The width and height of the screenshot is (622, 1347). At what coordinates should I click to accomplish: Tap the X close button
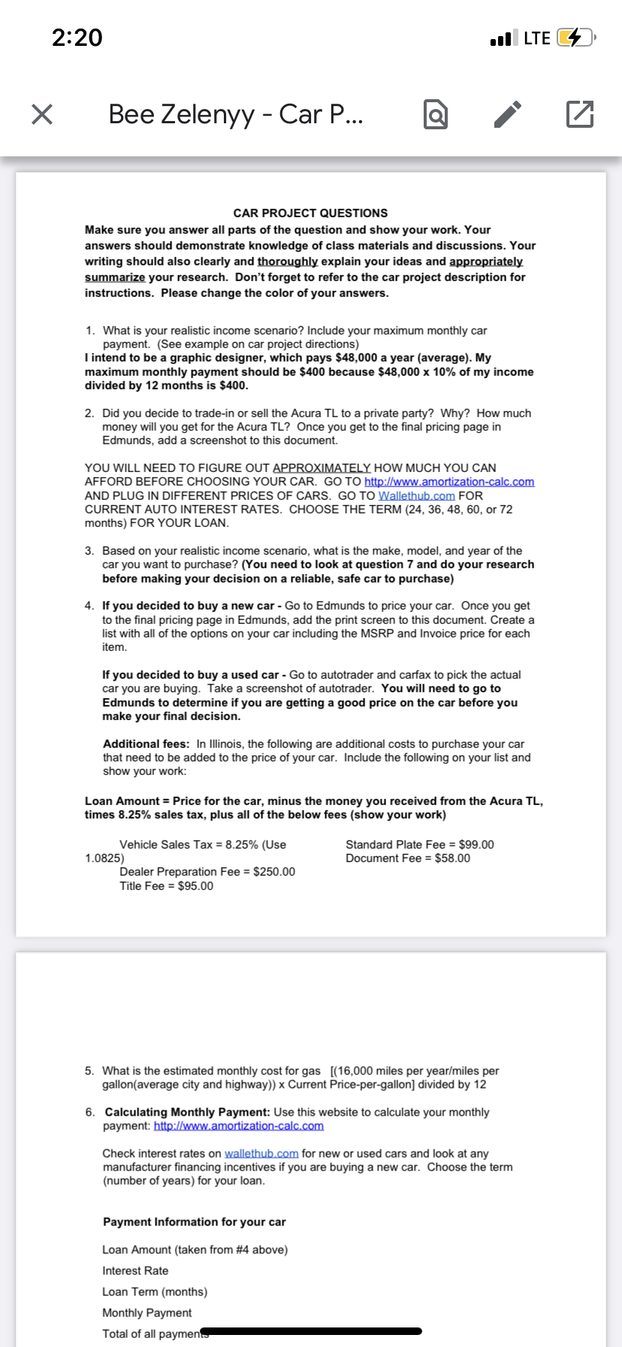tap(43, 114)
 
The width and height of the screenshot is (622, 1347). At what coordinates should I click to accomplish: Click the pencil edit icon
tap(508, 114)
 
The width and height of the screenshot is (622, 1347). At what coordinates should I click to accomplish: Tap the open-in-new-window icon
tap(579, 114)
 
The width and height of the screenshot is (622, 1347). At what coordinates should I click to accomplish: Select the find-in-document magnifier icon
tap(436, 114)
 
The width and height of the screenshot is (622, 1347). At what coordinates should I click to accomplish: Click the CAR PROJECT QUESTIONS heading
tap(310, 213)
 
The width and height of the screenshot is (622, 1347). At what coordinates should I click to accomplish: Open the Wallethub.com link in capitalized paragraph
tap(417, 496)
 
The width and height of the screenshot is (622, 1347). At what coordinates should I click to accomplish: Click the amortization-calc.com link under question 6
tap(239, 1126)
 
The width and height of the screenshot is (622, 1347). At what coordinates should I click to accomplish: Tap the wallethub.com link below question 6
tap(261, 1154)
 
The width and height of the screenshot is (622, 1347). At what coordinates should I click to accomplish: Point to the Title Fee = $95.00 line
tap(166, 886)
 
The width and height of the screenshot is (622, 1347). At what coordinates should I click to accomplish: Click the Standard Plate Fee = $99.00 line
tap(420, 845)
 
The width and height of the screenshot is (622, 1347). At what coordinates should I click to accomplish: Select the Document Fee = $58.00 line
tap(408, 858)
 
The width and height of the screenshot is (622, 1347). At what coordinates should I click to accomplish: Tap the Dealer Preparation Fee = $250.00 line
tap(207, 872)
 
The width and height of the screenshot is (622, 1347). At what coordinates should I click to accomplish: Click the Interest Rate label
tap(135, 1271)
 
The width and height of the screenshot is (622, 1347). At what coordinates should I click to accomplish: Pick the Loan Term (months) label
tap(155, 1292)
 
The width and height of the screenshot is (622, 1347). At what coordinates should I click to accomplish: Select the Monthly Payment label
tap(147, 1313)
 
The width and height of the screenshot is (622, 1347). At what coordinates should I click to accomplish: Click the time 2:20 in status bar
tap(77, 38)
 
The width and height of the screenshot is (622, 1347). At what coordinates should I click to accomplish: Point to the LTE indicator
tap(536, 38)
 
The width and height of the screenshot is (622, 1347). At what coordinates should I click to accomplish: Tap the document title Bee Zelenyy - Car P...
tap(236, 114)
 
